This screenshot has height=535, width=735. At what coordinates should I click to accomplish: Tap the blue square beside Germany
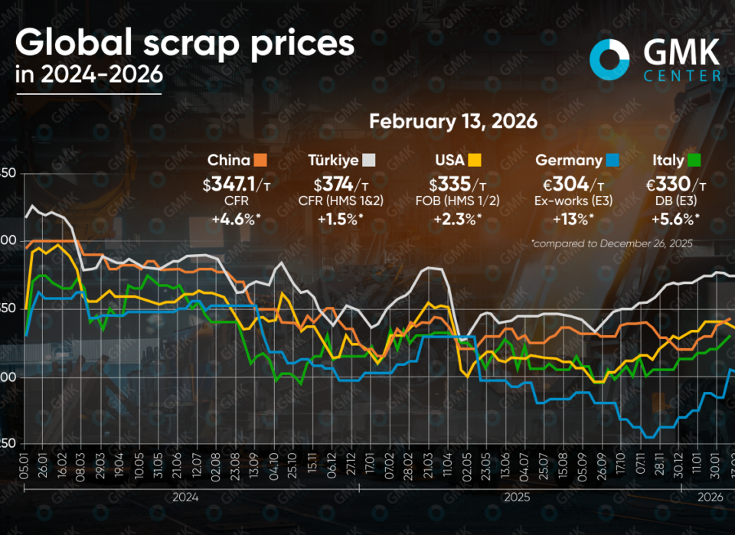point(613,160)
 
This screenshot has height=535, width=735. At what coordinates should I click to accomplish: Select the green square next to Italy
point(695,160)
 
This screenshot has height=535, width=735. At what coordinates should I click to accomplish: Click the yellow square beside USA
point(475,160)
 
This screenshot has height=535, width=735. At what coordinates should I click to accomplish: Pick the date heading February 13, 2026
point(452,121)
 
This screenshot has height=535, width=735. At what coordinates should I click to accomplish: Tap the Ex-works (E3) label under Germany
point(570,201)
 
